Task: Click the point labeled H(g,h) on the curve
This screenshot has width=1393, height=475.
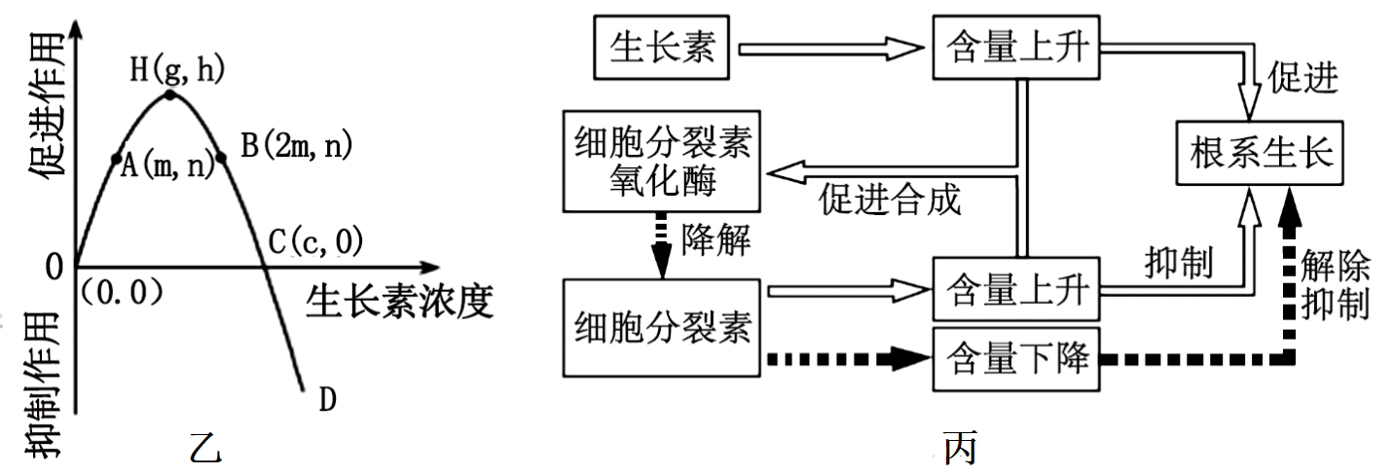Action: [170, 94]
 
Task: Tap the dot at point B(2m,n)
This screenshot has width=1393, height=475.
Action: [222, 157]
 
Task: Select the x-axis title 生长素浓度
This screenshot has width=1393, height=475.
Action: [399, 301]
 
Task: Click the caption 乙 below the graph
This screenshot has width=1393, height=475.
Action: [205, 447]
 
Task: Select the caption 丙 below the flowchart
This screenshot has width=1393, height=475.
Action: [959, 447]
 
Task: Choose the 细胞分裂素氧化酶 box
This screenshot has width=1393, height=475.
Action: [661, 161]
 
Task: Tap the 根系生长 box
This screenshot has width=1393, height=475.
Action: [1263, 154]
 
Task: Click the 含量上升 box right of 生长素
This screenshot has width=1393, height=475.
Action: [1015, 47]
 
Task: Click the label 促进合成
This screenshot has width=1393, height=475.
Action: [891, 200]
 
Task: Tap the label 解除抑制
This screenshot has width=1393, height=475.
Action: [1335, 283]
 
